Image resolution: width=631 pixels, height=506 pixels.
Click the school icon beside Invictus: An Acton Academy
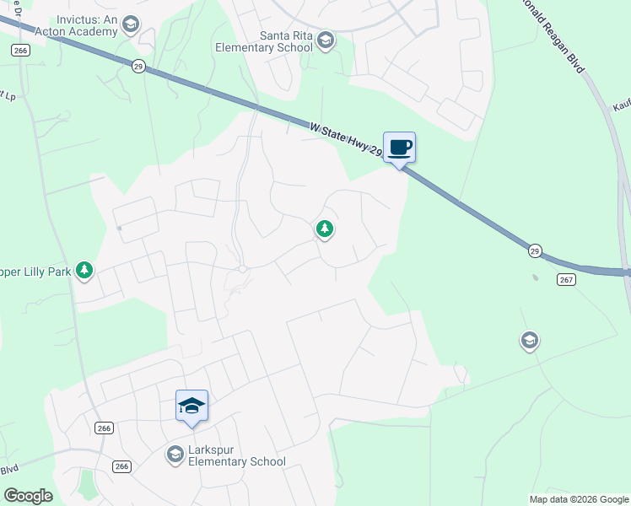130,24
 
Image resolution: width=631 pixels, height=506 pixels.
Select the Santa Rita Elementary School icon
326,40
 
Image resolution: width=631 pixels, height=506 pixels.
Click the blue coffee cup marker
400,148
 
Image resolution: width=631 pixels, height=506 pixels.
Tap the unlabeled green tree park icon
324,229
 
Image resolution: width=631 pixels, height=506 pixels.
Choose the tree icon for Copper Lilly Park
84,271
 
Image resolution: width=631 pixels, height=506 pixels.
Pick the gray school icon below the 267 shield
529,341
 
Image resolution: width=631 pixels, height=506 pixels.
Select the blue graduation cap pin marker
191,406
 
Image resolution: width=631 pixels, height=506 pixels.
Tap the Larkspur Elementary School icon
175,455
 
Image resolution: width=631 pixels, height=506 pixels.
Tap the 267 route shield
566,279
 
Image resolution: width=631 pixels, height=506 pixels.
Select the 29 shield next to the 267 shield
535,251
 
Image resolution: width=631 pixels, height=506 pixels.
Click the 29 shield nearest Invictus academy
137,65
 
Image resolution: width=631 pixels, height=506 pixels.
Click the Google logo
28,496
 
